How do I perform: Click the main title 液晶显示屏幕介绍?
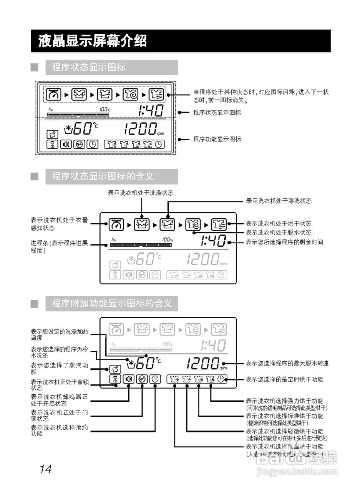(x=92, y=41)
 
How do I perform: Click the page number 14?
(x=45, y=469)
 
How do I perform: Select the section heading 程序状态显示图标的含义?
(x=103, y=176)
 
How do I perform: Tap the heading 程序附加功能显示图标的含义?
(x=111, y=303)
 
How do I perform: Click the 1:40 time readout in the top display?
(x=151, y=111)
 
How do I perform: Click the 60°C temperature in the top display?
(x=82, y=128)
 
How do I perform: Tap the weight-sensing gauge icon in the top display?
(x=53, y=94)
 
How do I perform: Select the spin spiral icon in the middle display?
(x=193, y=224)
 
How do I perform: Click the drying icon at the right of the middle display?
(x=219, y=224)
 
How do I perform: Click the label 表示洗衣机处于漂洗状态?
(x=279, y=201)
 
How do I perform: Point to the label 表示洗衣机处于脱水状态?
(x=279, y=233)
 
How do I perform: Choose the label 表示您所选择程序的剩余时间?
(x=284, y=242)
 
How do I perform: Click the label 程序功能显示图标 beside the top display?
(x=217, y=139)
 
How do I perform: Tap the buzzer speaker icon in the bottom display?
(x=128, y=379)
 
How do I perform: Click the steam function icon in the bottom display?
(x=114, y=369)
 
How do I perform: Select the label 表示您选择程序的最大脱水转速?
(x=287, y=363)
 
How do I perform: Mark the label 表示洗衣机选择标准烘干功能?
(x=284, y=416)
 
